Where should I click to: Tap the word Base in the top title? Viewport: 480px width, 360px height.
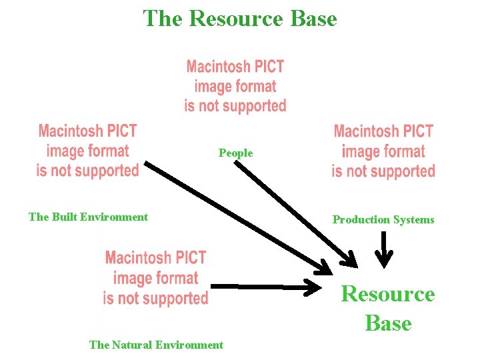313,19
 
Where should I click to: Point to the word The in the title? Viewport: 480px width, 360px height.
163,19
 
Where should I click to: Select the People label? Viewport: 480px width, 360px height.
236,153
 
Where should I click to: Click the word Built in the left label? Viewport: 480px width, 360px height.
63,217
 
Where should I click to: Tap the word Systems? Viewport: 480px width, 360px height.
413,219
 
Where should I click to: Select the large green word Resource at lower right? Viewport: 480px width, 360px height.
388,294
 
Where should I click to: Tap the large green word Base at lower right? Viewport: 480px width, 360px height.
388,323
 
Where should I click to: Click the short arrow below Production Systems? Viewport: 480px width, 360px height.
385,249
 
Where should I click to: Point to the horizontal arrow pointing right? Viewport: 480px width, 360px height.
267,287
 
